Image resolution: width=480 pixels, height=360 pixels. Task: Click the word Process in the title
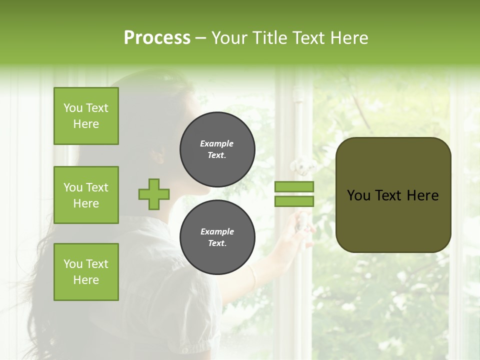[x=157, y=38]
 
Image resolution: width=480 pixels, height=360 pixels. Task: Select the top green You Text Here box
[x=86, y=116]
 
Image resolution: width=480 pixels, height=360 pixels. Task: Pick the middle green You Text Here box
[x=86, y=195]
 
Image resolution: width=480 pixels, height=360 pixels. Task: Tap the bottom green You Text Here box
[x=86, y=271]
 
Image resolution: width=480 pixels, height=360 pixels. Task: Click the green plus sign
[x=154, y=194]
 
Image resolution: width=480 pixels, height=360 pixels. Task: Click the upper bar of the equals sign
[x=294, y=186]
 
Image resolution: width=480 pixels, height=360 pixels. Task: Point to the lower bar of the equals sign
[x=294, y=201]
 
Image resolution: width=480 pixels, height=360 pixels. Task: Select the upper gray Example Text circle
[x=217, y=149]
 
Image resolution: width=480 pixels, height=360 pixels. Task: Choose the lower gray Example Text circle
[x=217, y=237]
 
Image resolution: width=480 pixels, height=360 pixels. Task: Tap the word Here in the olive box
[x=422, y=195]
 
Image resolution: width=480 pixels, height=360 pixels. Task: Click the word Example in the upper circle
[x=217, y=143]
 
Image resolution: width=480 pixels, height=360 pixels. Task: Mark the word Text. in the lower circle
[x=217, y=243]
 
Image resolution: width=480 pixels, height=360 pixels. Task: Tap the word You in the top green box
[x=72, y=108]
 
